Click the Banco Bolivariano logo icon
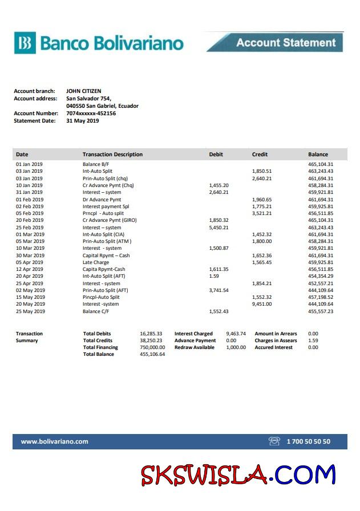pos(25,43)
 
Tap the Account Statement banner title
pos(286,43)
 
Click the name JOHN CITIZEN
pos(83,91)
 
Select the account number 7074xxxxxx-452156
pos(91,113)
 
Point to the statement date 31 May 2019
pos(82,120)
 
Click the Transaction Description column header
pos(112,155)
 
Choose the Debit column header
pos(216,155)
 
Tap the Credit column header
pos(260,155)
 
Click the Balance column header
pos(318,155)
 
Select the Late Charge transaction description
pos(95,262)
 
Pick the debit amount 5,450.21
pos(219,228)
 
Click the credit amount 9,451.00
pos(262,304)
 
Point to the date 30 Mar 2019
pos(30,255)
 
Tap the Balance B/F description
pos(95,164)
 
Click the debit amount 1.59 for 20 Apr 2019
pos(214,276)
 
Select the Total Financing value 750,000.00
pos(152,347)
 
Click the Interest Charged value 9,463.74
pos(236,334)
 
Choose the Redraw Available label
pos(195,347)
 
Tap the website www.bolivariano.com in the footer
pos(55,441)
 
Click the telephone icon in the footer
pos(274,441)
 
